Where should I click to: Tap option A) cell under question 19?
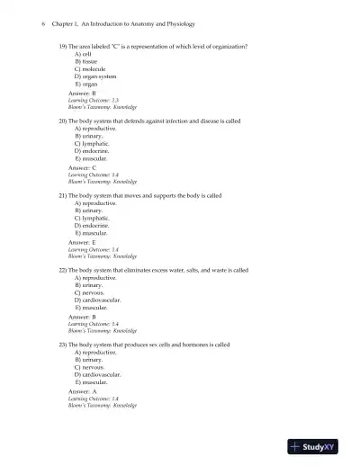(x=83, y=54)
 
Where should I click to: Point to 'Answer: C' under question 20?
(x=82, y=167)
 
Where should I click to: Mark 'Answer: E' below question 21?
(x=82, y=242)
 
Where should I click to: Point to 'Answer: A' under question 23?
(x=82, y=391)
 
